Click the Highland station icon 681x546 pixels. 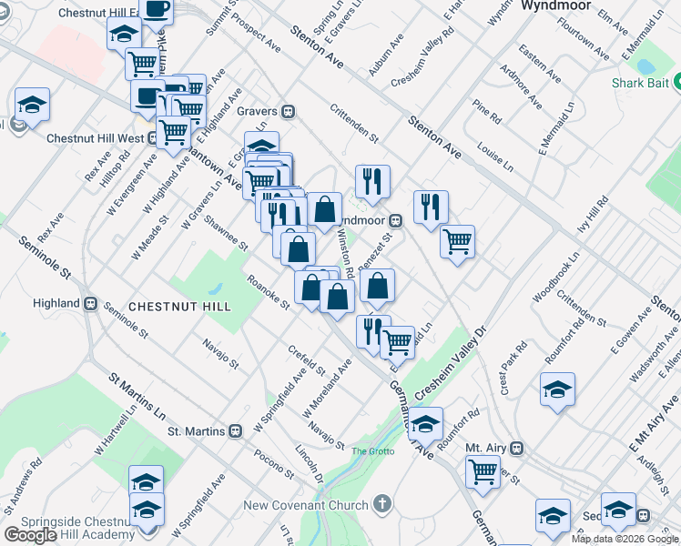(x=90, y=303)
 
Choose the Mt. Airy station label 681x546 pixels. (x=485, y=449)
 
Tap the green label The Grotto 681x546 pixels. (x=371, y=450)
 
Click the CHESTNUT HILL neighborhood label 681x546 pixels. (x=179, y=307)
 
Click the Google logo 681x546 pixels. (x=30, y=534)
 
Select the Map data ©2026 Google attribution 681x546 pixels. (x=625, y=539)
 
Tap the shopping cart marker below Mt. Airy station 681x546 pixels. (x=483, y=471)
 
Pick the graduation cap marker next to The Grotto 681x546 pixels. (x=425, y=423)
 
